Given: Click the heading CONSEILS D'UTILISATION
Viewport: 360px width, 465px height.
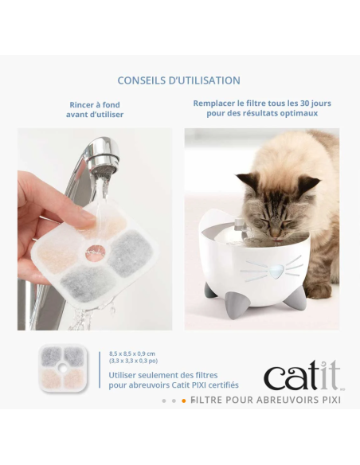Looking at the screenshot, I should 178,80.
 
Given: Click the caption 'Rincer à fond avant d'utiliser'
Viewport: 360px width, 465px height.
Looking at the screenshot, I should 94,108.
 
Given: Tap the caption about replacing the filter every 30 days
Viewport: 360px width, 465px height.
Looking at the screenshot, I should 261,108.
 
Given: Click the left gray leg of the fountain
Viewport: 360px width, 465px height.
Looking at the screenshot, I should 213,291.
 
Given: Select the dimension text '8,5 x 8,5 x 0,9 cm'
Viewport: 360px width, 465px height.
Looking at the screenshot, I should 133,354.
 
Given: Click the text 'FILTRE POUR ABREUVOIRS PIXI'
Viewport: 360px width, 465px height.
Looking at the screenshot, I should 266,399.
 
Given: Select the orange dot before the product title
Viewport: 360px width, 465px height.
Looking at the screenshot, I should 184,401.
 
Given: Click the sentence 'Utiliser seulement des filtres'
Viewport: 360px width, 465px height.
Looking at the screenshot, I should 162,374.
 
